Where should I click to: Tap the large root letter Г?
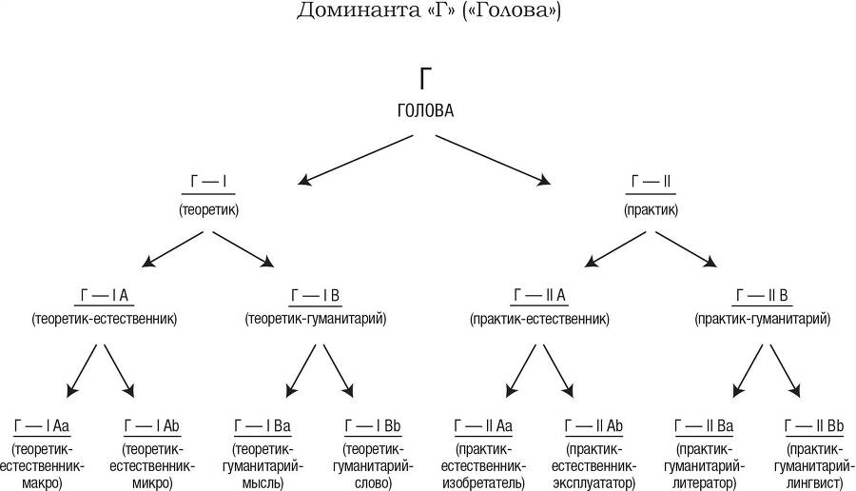(x=426, y=80)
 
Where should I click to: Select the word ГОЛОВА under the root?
(x=426, y=110)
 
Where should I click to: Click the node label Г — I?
(x=208, y=181)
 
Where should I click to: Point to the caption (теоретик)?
(x=208, y=207)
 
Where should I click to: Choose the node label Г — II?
(x=651, y=181)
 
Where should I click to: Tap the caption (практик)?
(x=651, y=207)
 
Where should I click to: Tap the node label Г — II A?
(x=539, y=295)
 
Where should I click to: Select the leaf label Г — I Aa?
(x=40, y=424)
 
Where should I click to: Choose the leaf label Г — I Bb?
(x=371, y=424)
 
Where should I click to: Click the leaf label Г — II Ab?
(x=593, y=424)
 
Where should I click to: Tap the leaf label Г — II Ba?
(x=705, y=424)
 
